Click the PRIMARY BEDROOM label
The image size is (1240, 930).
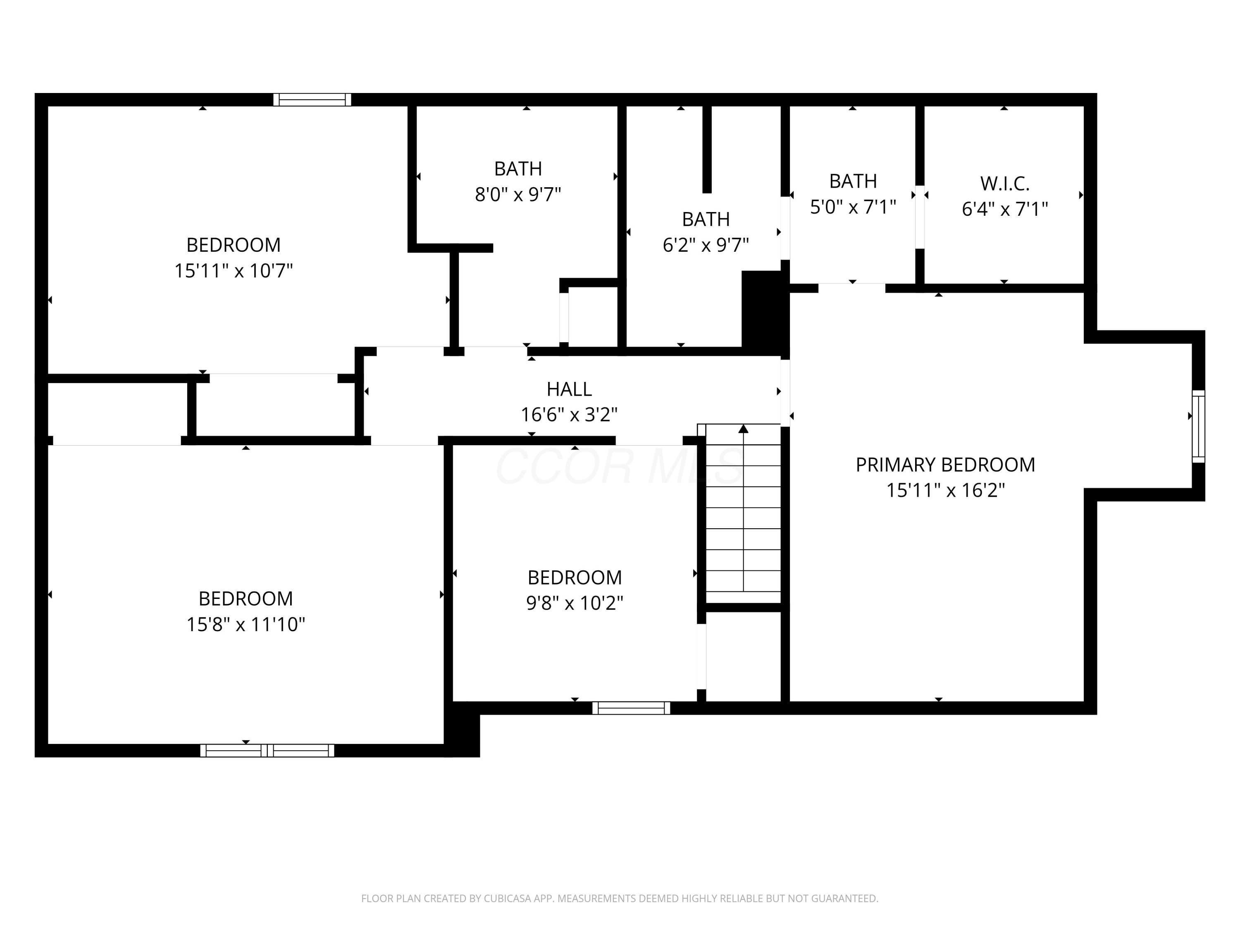click(x=945, y=465)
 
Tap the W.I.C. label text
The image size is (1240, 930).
click(x=1004, y=183)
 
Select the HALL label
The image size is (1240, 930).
click(x=569, y=389)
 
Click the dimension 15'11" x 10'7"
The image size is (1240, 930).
click(x=233, y=271)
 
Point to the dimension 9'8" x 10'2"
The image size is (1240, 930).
click(x=575, y=603)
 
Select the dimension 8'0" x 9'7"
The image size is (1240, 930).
click(x=518, y=195)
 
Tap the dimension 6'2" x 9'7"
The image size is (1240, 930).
click(x=706, y=246)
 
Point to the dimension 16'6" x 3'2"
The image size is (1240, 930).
click(x=569, y=415)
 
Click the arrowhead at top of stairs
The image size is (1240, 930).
click(x=743, y=429)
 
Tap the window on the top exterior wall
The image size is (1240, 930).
click(x=312, y=100)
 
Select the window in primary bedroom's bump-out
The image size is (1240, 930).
click(x=1198, y=427)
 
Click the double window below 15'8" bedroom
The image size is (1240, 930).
click(x=267, y=751)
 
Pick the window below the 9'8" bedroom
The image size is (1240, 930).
click(x=631, y=708)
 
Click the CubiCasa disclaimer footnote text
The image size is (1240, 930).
click(x=620, y=899)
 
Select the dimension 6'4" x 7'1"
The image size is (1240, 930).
click(x=1004, y=210)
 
